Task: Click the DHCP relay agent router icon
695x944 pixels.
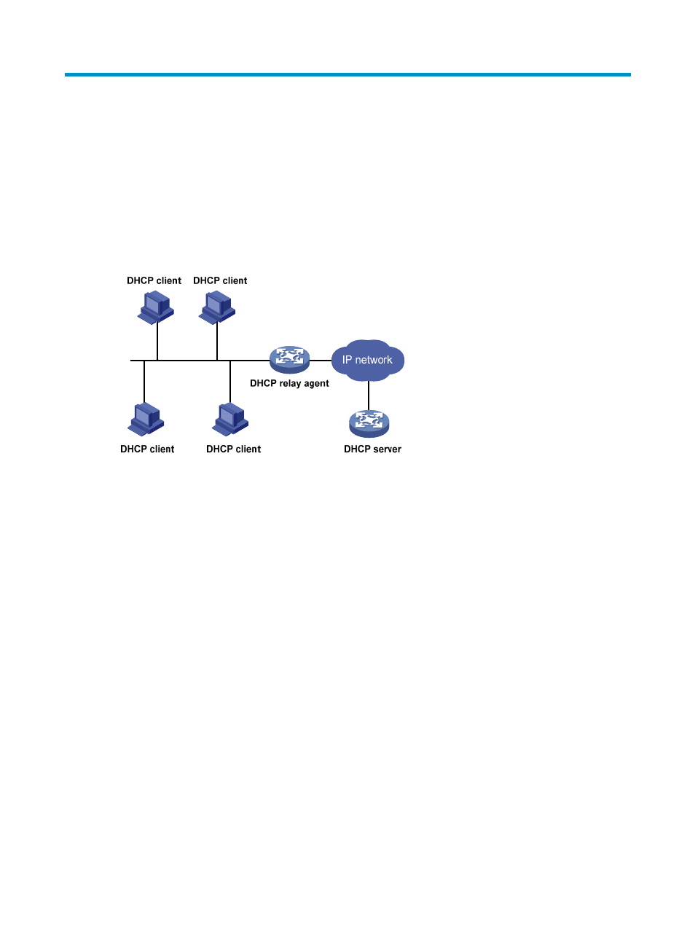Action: point(289,360)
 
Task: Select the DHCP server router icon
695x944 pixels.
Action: point(369,423)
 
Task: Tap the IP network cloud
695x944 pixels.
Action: point(368,361)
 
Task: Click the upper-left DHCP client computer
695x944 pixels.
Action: point(155,307)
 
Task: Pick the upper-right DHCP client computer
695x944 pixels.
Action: point(217,307)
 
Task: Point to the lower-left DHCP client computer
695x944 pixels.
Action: point(146,420)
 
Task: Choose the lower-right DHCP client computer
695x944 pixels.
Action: point(230,420)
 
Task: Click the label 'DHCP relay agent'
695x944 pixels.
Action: point(289,383)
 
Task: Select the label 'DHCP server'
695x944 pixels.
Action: point(372,449)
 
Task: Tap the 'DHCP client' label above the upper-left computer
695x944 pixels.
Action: point(154,280)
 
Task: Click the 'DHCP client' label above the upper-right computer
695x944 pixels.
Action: point(220,280)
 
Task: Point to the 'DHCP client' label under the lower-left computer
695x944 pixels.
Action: point(147,449)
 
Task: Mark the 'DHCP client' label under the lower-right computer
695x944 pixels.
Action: point(234,449)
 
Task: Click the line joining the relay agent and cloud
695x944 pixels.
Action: point(321,361)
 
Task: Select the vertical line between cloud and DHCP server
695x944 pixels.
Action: point(369,396)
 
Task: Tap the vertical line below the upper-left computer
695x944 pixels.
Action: point(157,342)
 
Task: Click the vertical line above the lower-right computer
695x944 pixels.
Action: point(230,382)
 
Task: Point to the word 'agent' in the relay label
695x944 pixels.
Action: point(315,384)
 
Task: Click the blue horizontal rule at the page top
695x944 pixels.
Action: point(347,74)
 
